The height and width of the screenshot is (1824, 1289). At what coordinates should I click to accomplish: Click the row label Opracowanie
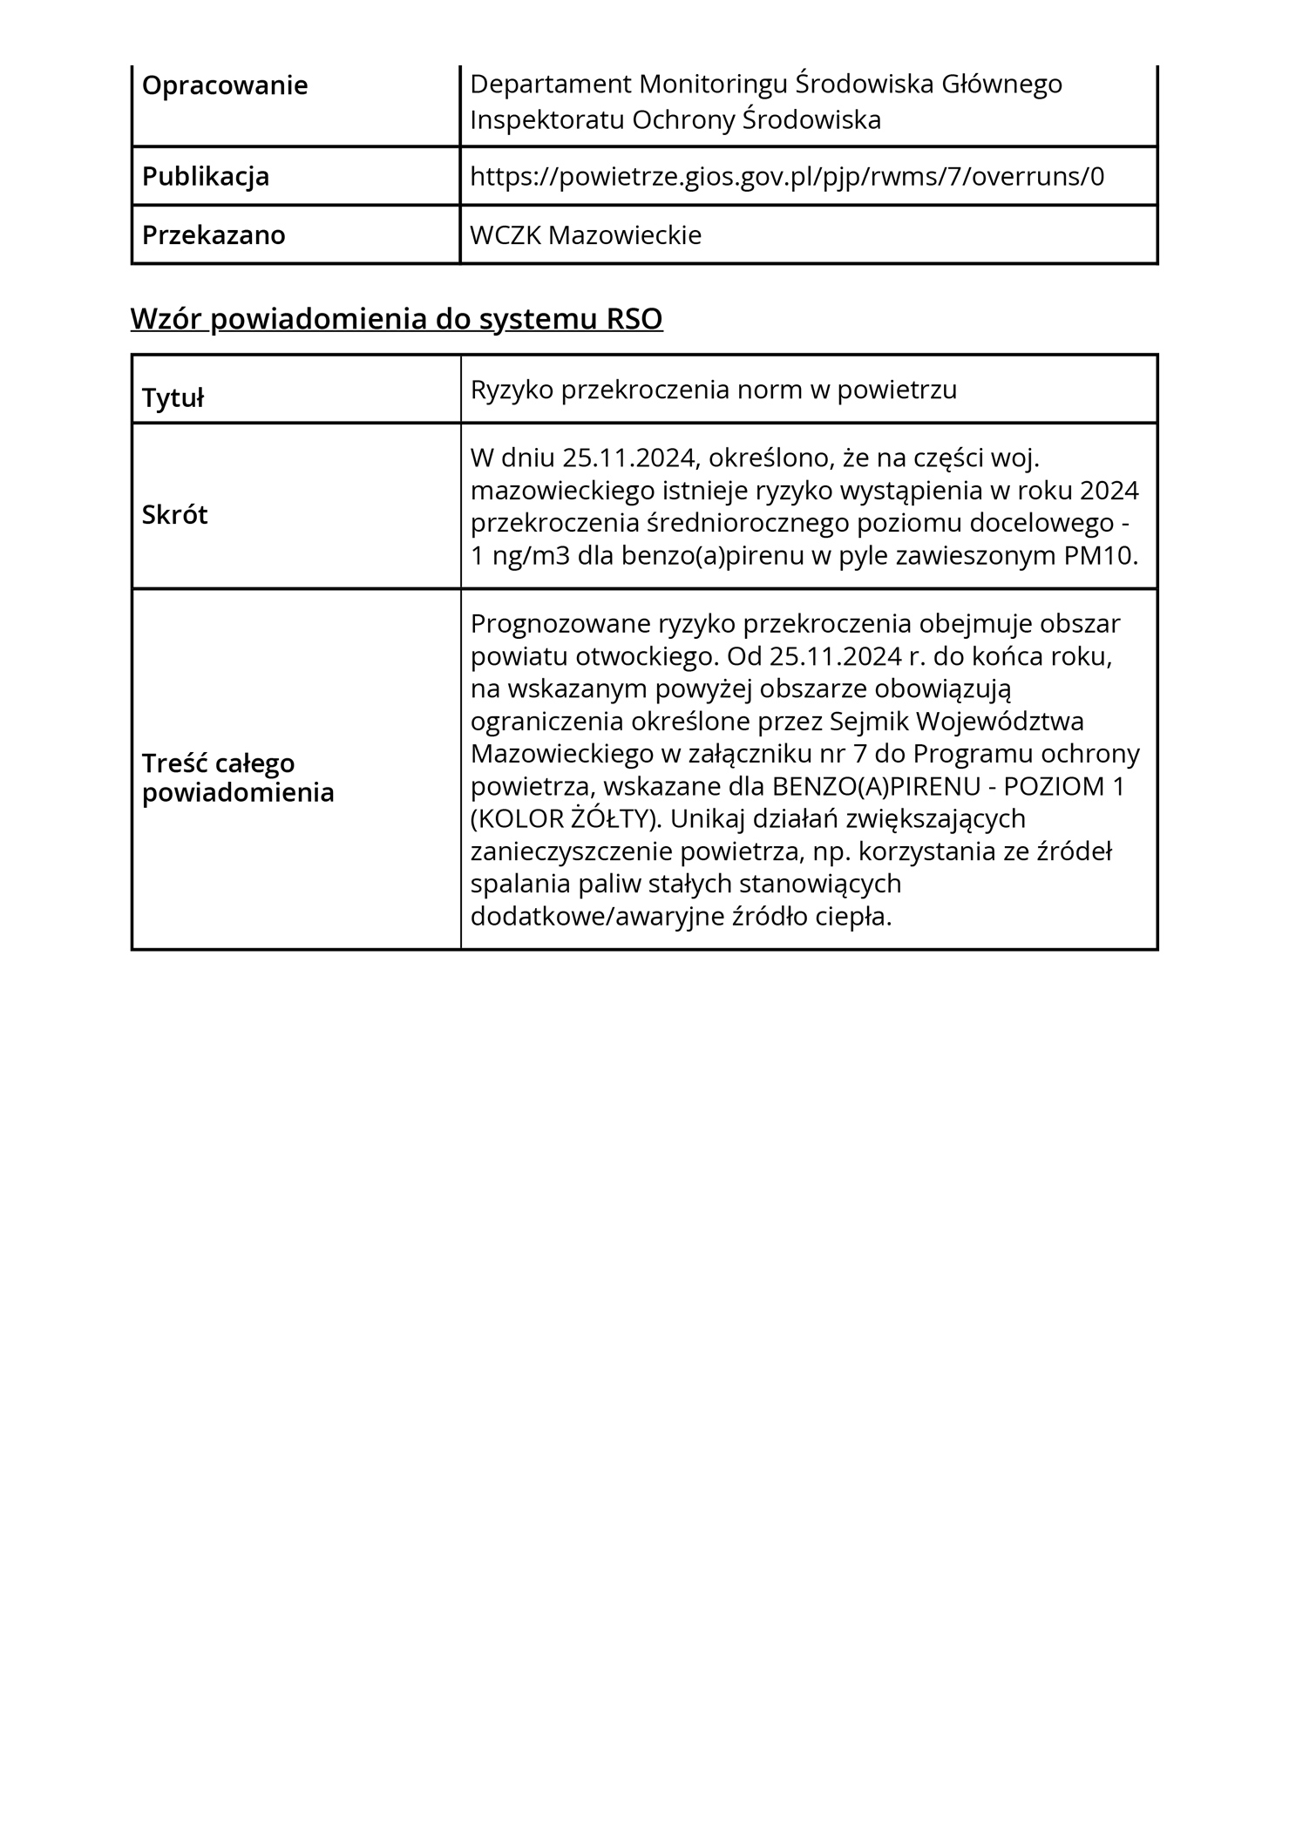point(224,86)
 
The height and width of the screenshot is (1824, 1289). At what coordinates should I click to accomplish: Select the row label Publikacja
point(205,177)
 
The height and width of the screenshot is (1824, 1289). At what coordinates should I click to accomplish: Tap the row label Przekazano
point(213,235)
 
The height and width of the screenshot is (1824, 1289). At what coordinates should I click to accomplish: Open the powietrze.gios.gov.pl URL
point(786,177)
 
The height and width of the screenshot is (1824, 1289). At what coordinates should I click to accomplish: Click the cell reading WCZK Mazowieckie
point(585,235)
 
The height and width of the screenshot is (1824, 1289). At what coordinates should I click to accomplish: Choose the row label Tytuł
point(173,398)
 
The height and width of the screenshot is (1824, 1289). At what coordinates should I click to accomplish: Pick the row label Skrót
point(174,515)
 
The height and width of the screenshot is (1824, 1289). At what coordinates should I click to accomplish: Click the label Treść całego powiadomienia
point(237,777)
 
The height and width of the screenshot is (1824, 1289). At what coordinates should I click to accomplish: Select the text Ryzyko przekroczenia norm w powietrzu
point(713,390)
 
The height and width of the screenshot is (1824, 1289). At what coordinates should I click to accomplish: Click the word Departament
point(550,85)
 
